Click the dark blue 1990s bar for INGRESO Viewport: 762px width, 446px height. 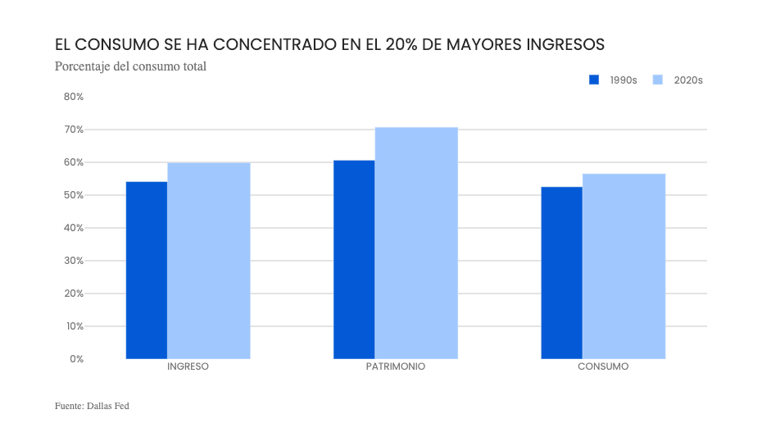pyautogui.click(x=146, y=270)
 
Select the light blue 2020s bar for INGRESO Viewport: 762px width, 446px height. pyautogui.click(x=208, y=261)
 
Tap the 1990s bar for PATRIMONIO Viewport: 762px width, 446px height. pyautogui.click(x=354, y=259)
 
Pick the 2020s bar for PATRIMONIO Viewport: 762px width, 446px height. pyautogui.click(x=416, y=243)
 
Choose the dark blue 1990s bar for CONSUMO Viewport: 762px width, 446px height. pyautogui.click(x=561, y=272)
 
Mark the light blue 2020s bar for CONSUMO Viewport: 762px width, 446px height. pyautogui.click(x=624, y=266)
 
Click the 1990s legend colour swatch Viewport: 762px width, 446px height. pyautogui.click(x=595, y=80)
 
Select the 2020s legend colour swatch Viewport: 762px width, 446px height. pyautogui.click(x=657, y=80)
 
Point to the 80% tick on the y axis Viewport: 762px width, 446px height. pyautogui.click(x=74, y=97)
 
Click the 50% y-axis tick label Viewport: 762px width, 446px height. pyautogui.click(x=74, y=195)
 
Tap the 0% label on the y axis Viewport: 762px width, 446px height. pyautogui.click(x=76, y=359)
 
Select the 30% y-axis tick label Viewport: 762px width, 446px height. pyautogui.click(x=74, y=261)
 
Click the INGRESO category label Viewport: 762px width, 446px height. pyautogui.click(x=188, y=367)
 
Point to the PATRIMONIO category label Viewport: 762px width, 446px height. pyautogui.click(x=396, y=367)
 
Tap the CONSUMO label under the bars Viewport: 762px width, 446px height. pyautogui.click(x=603, y=367)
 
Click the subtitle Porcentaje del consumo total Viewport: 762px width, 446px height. pyautogui.click(x=130, y=66)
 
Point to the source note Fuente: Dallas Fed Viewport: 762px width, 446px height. pyautogui.click(x=92, y=406)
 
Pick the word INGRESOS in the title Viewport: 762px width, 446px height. pyautogui.click(x=565, y=43)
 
